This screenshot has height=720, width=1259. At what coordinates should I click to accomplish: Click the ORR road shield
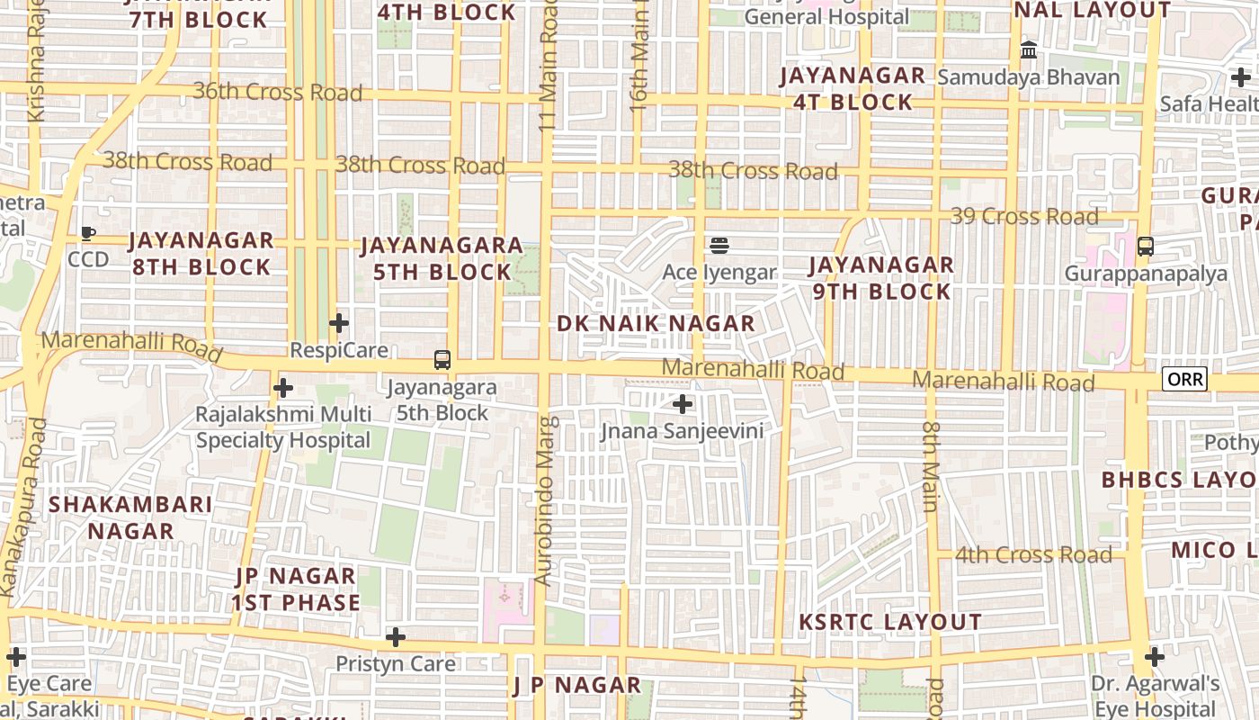coord(1184,379)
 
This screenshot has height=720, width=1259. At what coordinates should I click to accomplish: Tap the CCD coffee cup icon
coord(88,234)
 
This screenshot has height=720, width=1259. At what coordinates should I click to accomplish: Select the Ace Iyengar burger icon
coord(719,245)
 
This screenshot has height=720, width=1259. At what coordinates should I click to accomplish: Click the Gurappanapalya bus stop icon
coord(1145,246)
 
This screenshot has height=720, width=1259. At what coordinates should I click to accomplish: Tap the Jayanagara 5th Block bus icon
coord(442,360)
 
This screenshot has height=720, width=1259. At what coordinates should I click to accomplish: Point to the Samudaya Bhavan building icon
coord(1029,50)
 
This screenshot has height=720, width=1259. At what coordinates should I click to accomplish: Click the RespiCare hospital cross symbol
coord(338,322)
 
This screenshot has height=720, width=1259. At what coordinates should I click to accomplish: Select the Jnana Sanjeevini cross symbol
coord(683,404)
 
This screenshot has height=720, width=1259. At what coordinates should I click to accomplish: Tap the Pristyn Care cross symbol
coord(395,637)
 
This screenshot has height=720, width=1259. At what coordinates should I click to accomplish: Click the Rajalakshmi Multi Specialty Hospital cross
coord(283,388)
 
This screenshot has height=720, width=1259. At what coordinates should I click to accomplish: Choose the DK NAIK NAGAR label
coord(656,324)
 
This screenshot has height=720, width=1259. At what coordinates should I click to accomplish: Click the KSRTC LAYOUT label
coord(890,622)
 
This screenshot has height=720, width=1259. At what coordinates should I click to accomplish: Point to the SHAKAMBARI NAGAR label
coord(130,517)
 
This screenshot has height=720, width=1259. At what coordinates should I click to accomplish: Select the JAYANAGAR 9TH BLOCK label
coord(880,278)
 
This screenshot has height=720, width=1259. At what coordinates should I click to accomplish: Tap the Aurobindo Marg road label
coord(546,500)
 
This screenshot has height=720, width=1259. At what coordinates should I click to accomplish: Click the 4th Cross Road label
coord(1033,554)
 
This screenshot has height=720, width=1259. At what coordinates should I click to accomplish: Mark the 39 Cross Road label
coord(1025,217)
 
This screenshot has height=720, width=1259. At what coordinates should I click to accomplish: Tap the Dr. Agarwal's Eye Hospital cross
coord(1155,657)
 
